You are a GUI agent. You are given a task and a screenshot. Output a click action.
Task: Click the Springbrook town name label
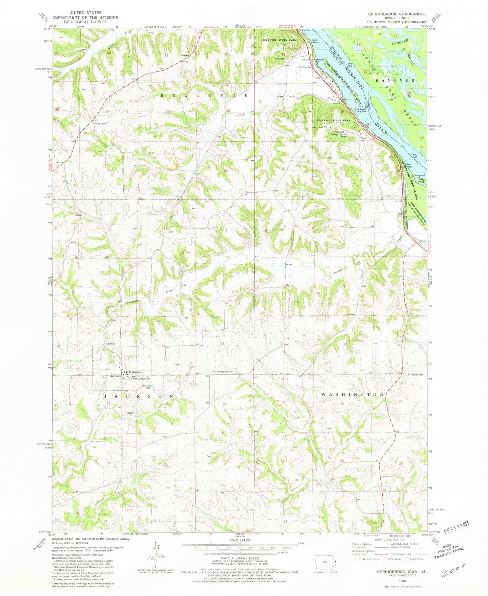[x=132, y=372]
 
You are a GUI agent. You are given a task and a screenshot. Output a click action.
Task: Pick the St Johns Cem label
[x=305, y=67]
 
